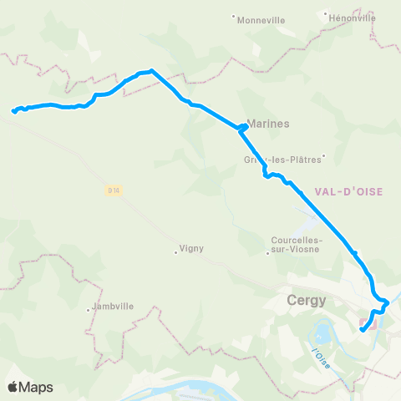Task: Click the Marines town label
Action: [269, 123]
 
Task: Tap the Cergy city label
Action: [307, 301]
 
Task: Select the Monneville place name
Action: [261, 20]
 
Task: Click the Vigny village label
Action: [191, 249]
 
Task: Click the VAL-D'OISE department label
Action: [348, 191]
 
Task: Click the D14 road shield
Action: [114, 190]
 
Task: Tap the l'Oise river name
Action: [317, 355]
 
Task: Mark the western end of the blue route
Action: [13, 110]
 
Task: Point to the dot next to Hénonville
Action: [326, 13]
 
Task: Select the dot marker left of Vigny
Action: [175, 249]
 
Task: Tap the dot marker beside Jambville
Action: [89, 311]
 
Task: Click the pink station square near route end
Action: [364, 321]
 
